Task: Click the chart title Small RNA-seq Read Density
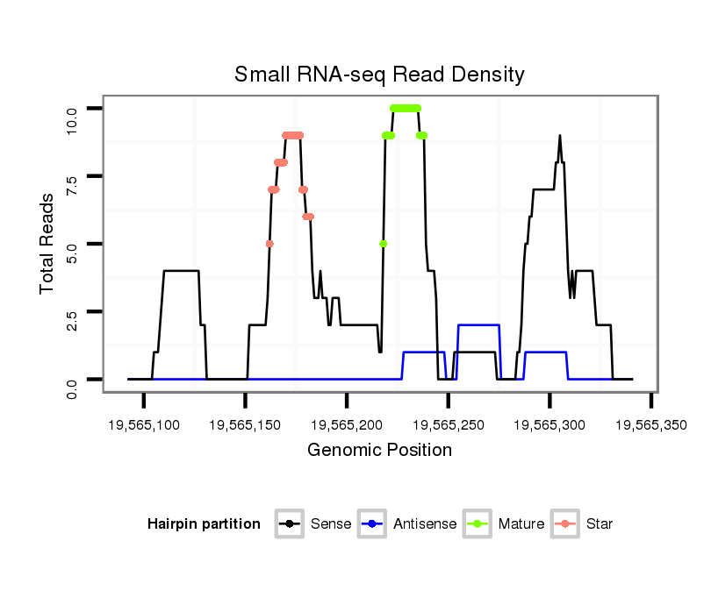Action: [x=379, y=75]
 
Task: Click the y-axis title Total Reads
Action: [x=49, y=244]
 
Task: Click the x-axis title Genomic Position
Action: [x=379, y=451]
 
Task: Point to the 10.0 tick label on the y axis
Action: [x=73, y=108]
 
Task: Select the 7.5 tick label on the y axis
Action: [x=73, y=176]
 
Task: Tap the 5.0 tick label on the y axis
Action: [x=73, y=244]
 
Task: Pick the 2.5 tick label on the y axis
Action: [x=73, y=312]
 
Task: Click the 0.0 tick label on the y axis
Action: [x=73, y=380]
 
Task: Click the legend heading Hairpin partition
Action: [x=204, y=524]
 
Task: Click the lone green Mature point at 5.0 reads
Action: [x=384, y=244]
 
